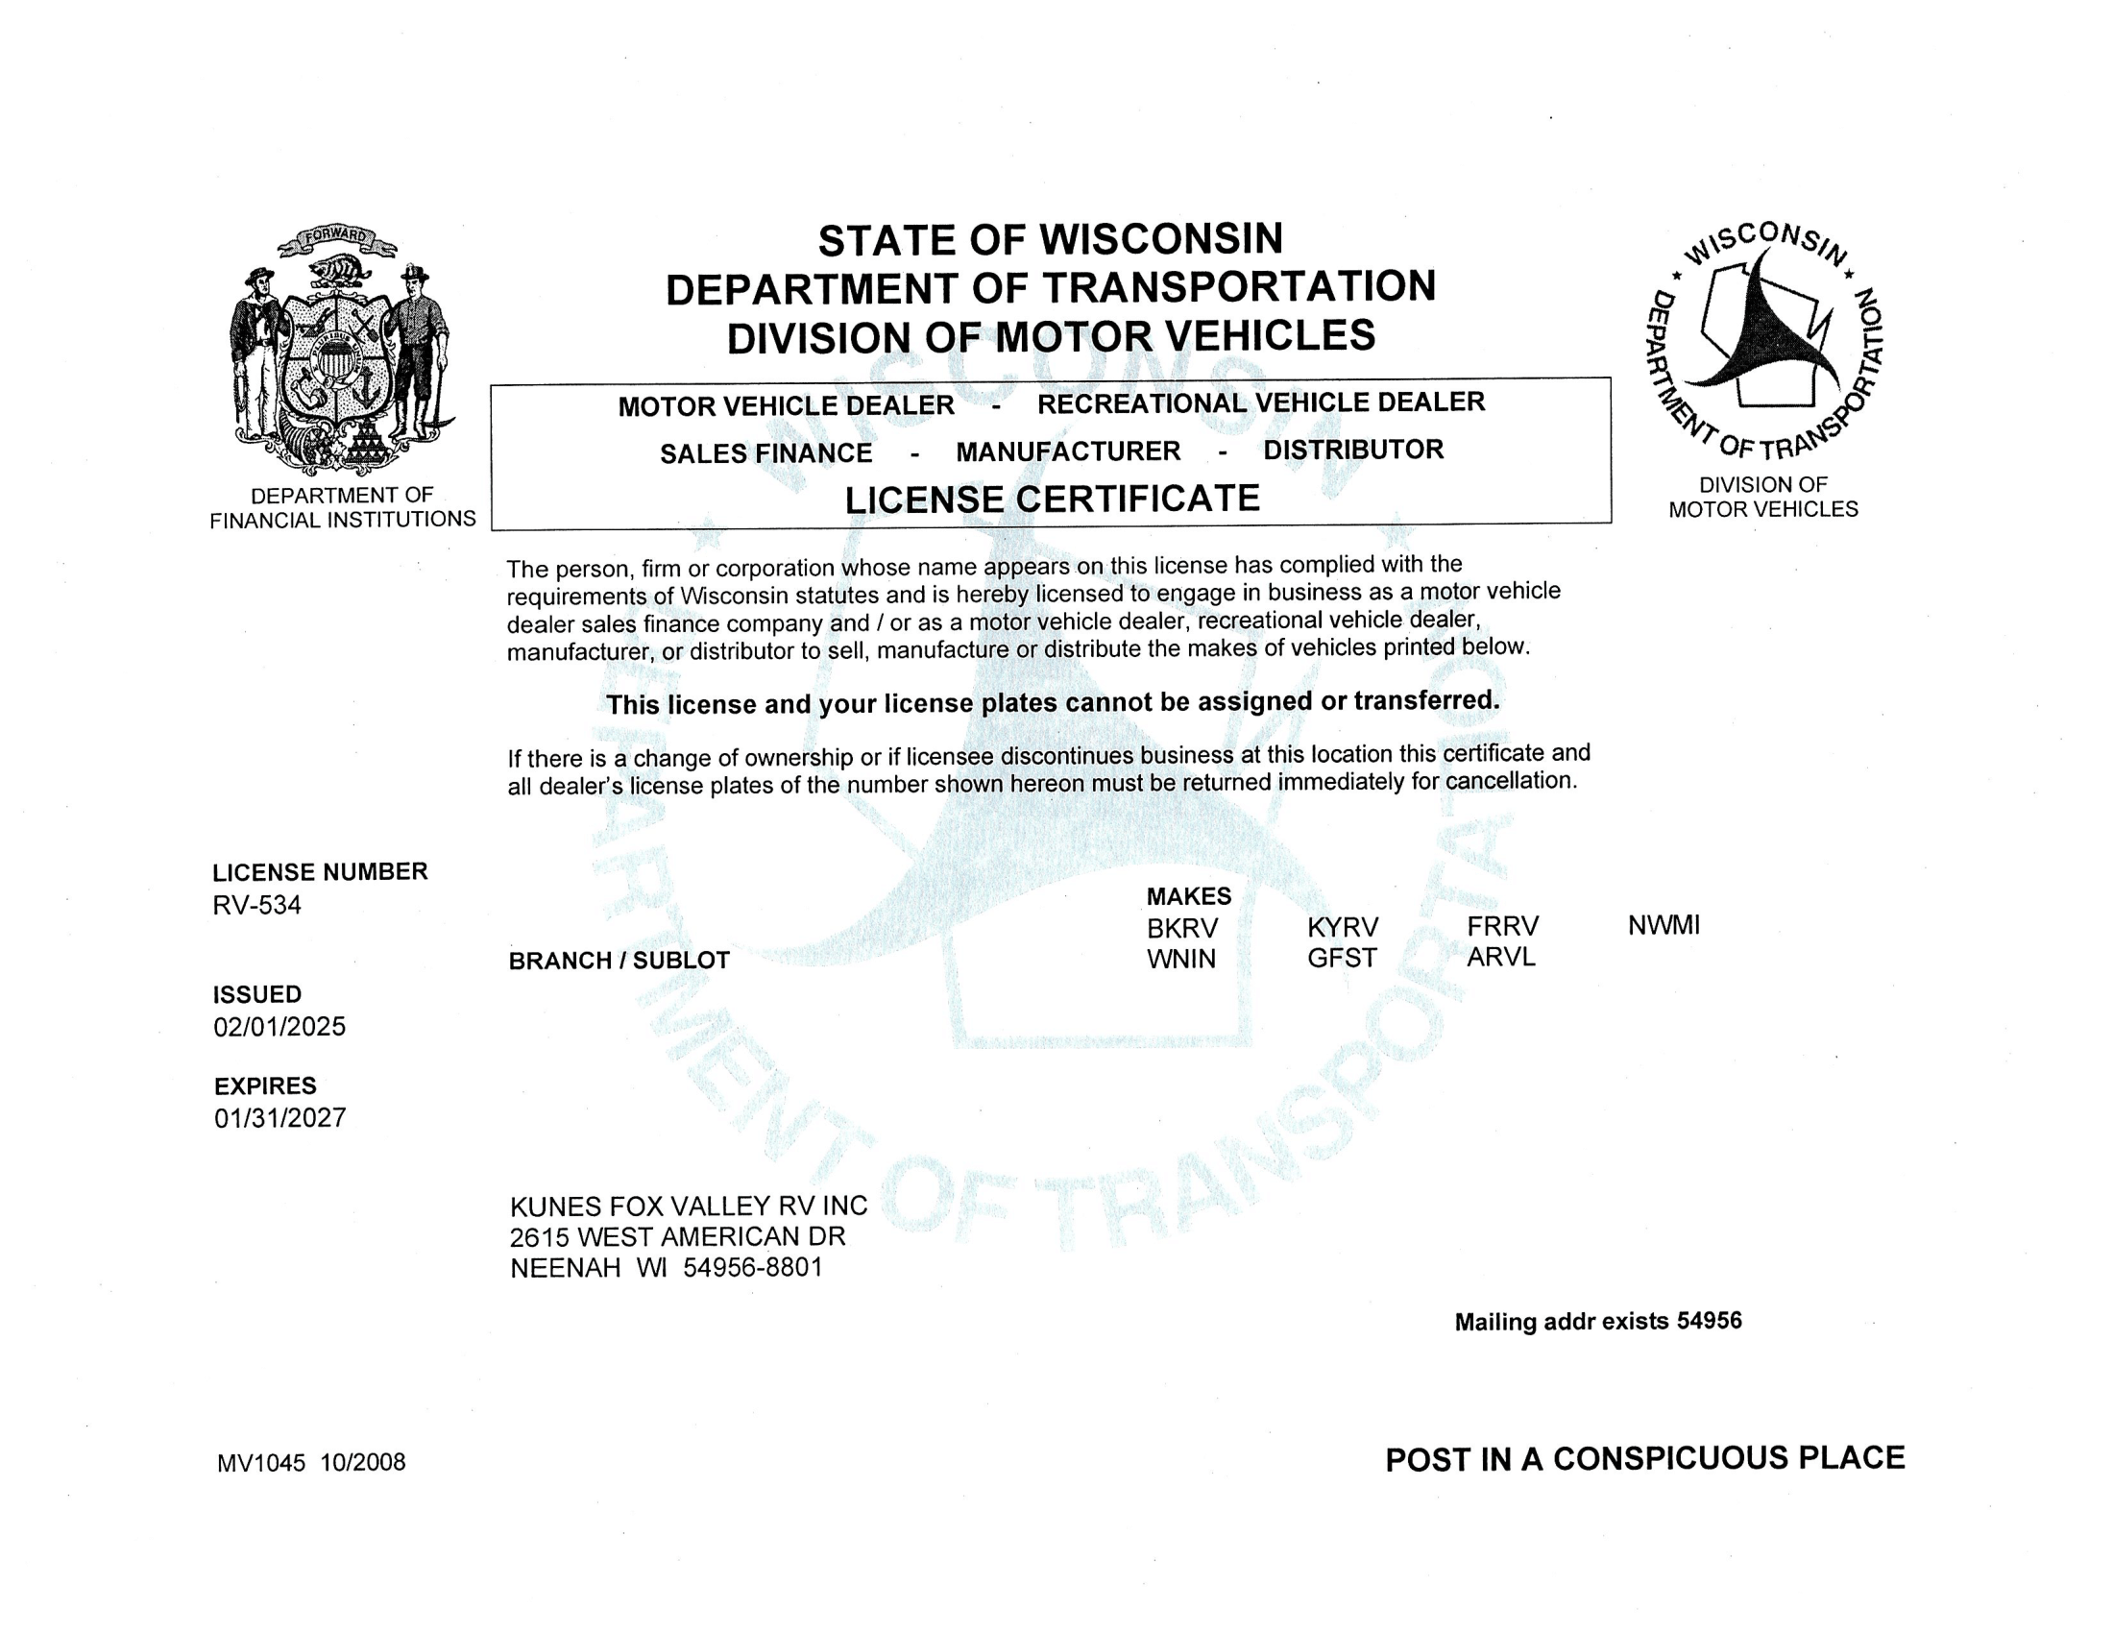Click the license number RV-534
[x=256, y=906]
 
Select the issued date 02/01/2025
[x=279, y=1027]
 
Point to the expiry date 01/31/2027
[x=280, y=1118]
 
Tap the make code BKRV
[x=1182, y=929]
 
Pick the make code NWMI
[x=1664, y=926]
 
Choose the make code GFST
[x=1342, y=958]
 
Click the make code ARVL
[x=1500, y=957]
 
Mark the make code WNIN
[x=1181, y=959]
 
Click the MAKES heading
[x=1189, y=897]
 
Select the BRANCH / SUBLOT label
[x=619, y=961]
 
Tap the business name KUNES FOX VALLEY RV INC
[x=689, y=1206]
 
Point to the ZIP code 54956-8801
[x=753, y=1267]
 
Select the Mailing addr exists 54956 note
[x=1598, y=1322]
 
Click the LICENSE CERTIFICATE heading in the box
[x=1053, y=500]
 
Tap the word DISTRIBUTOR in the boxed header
[x=1352, y=450]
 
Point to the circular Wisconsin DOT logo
[x=1762, y=339]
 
